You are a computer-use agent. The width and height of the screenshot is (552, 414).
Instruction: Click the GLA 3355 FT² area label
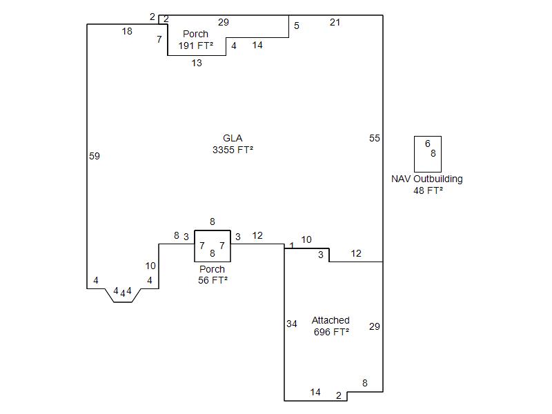(233, 144)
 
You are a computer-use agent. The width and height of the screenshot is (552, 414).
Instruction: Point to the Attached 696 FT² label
(331, 326)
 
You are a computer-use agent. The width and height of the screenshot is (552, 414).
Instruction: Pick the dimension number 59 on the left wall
(95, 156)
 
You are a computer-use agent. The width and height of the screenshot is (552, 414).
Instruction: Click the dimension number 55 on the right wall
(374, 138)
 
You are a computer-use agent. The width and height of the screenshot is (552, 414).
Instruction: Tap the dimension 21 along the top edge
(335, 22)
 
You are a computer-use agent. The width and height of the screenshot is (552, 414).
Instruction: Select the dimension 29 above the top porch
(223, 22)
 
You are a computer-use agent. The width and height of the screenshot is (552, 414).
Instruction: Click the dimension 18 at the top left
(127, 31)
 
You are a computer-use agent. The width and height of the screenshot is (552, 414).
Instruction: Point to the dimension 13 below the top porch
(197, 63)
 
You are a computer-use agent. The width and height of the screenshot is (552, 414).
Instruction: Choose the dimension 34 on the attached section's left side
(292, 324)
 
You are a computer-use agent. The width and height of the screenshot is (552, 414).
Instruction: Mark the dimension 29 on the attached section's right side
(374, 326)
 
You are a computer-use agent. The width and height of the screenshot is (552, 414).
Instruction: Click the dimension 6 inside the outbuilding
(428, 144)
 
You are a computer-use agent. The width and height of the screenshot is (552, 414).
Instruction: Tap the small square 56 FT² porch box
(213, 246)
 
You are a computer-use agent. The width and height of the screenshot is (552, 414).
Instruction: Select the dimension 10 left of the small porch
(150, 266)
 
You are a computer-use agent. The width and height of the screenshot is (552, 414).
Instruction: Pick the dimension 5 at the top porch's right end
(297, 26)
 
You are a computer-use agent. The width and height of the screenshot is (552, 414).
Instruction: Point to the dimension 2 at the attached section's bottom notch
(339, 395)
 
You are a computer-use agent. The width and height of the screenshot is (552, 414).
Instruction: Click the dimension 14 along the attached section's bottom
(315, 392)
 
